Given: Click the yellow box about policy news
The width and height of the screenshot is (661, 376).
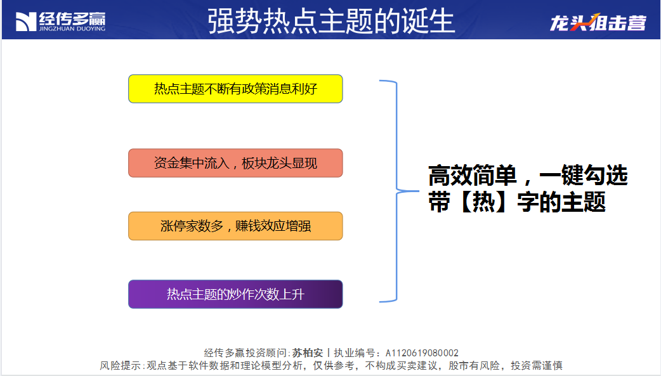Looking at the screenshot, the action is pos(235,89).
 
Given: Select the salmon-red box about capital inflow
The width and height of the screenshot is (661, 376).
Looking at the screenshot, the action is pos(235,163).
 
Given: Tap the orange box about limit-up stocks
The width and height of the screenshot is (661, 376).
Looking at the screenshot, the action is pos(235,226).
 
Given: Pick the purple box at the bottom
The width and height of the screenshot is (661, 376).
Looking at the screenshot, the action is pos(235,294).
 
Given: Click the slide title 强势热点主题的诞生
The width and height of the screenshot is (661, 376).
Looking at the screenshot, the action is pos(331,21).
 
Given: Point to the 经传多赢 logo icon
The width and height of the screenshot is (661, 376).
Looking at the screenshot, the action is pos(26,22).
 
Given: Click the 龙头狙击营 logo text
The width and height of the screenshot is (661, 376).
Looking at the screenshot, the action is pos(598,22).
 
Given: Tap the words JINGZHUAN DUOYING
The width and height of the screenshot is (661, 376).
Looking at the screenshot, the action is pos(72,29).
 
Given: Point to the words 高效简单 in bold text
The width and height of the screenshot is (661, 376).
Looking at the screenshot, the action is pos(472,176).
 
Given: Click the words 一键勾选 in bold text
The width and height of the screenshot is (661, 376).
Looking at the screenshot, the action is pos(583,176).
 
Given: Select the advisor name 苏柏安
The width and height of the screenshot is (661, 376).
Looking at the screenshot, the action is pos(307,353).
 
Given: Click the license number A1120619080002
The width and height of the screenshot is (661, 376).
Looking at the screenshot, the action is pos(422,353).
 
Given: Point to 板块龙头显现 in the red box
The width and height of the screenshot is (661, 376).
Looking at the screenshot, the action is pos(279,163).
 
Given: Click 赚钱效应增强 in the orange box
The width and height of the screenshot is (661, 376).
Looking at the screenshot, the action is pos(273,226).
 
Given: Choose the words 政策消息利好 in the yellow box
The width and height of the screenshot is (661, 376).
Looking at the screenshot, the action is pos(280,89).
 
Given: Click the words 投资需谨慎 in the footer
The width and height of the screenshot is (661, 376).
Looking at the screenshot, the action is pos(536,365).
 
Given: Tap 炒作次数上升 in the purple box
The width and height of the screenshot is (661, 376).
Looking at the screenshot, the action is pos(267,294).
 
